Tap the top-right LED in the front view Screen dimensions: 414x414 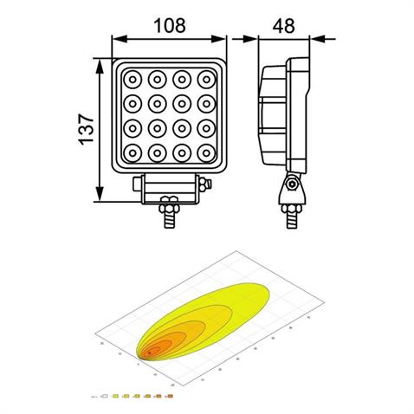click(206, 81)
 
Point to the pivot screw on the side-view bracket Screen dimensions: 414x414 click(292, 184)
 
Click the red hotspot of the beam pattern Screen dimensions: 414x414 click(152, 351)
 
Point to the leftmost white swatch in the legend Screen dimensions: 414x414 click(105, 396)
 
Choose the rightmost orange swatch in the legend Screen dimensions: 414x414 click(170, 396)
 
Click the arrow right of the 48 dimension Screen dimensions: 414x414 click(320, 38)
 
